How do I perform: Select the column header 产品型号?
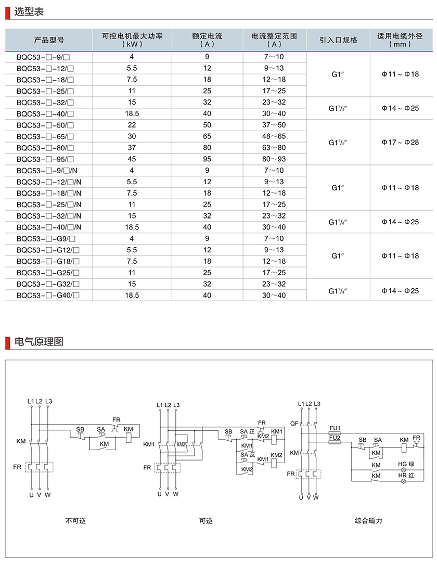coord(49,40)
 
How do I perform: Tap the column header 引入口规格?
coord(339,40)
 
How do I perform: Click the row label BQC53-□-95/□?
coord(45,159)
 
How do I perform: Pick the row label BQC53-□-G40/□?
coord(48,295)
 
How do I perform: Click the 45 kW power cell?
coord(132,159)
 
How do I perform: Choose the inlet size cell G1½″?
coord(338,142)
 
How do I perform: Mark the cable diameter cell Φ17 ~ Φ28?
coord(400,142)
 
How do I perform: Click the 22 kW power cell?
coord(132,125)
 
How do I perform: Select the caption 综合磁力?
coord(369,520)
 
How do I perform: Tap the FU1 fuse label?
coord(335,428)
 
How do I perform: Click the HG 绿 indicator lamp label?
coord(406,464)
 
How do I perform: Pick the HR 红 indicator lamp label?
coord(406,476)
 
